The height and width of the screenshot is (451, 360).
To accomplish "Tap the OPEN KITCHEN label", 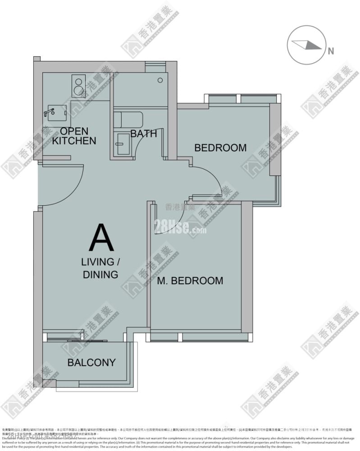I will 74,136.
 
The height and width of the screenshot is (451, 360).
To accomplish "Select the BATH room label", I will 144,133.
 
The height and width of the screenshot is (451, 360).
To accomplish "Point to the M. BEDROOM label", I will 190,281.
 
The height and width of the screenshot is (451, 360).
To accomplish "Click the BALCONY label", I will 91,363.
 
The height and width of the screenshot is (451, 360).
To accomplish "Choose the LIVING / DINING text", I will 100,268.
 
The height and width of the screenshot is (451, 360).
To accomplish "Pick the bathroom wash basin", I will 122,144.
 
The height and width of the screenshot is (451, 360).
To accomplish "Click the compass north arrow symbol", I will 306,44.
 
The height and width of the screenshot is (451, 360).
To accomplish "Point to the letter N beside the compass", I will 331,51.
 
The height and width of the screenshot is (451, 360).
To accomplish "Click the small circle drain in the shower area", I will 160,80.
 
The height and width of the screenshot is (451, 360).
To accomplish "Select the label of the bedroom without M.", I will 220,147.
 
